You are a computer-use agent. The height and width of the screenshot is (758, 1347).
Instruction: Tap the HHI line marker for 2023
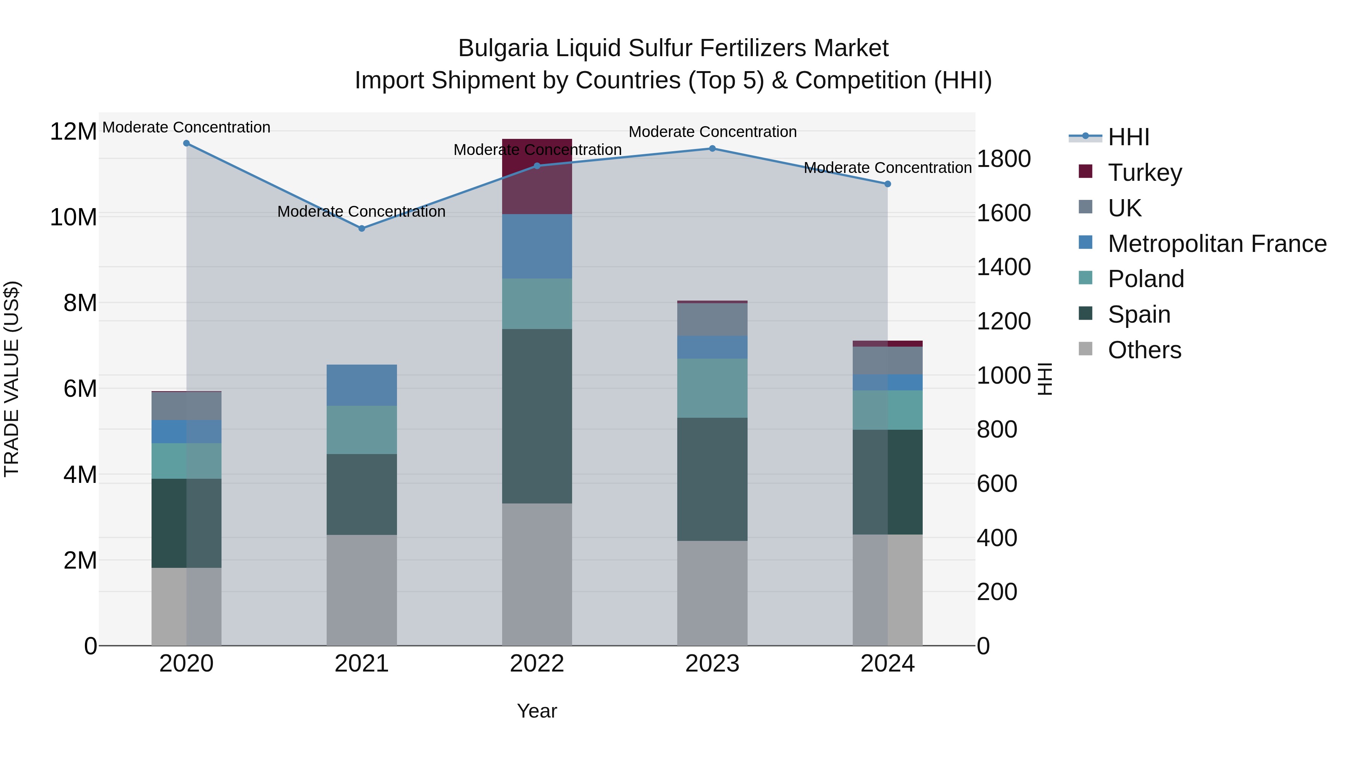[712, 149]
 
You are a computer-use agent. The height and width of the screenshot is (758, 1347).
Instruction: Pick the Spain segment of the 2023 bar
[712, 479]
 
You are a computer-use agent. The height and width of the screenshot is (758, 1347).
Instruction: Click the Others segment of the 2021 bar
[361, 590]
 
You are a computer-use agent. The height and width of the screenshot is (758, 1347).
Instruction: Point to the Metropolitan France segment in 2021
[361, 385]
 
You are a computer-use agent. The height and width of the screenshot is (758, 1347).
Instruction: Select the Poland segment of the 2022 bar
[537, 304]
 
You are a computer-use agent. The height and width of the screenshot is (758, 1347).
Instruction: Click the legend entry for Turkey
[1144, 172]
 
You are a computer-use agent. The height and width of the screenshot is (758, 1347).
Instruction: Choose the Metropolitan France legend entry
[1216, 243]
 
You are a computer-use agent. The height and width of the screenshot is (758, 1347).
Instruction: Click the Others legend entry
[1144, 350]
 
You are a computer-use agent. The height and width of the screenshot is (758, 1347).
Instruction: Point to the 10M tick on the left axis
[73, 217]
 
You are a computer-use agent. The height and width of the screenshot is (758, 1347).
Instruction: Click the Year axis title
[537, 711]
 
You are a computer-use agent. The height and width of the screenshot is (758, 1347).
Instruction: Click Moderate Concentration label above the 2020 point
[186, 127]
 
